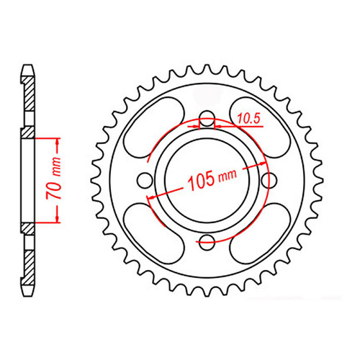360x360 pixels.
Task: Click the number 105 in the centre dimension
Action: [199, 179]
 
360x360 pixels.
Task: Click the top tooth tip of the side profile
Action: [27, 67]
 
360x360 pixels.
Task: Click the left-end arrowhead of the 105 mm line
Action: [149, 195]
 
